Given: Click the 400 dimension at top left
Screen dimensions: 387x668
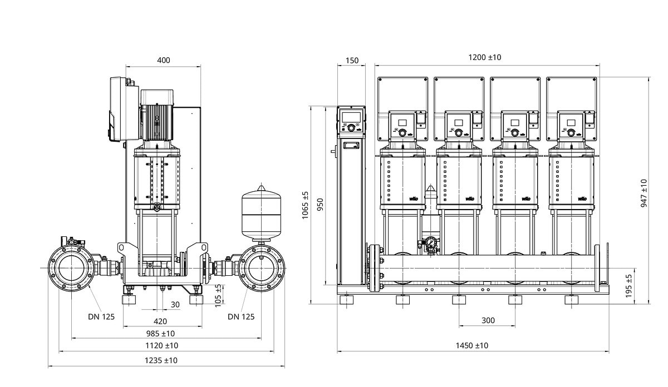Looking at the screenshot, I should (x=163, y=60).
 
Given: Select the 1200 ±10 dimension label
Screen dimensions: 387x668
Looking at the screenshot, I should (x=484, y=57).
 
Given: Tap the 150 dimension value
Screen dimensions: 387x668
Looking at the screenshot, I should (x=352, y=60).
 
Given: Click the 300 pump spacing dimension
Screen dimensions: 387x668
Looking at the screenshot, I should (x=488, y=321).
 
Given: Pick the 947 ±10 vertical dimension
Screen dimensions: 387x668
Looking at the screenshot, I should (x=644, y=193).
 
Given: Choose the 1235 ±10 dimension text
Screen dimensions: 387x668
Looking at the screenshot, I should (x=161, y=360).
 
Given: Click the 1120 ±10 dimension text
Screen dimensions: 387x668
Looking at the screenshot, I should (x=161, y=345).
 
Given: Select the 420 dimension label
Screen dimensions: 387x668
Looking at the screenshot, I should (x=160, y=321).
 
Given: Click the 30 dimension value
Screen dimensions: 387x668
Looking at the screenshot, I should (x=175, y=304).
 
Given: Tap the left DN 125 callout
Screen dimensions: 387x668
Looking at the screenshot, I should (x=101, y=317).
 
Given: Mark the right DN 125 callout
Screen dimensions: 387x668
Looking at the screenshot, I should (x=240, y=317).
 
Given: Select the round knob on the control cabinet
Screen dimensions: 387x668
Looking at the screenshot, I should (x=352, y=128).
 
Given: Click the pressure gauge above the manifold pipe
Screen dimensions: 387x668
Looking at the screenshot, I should (x=430, y=243).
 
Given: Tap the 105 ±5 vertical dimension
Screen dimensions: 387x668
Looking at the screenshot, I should (x=219, y=295).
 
